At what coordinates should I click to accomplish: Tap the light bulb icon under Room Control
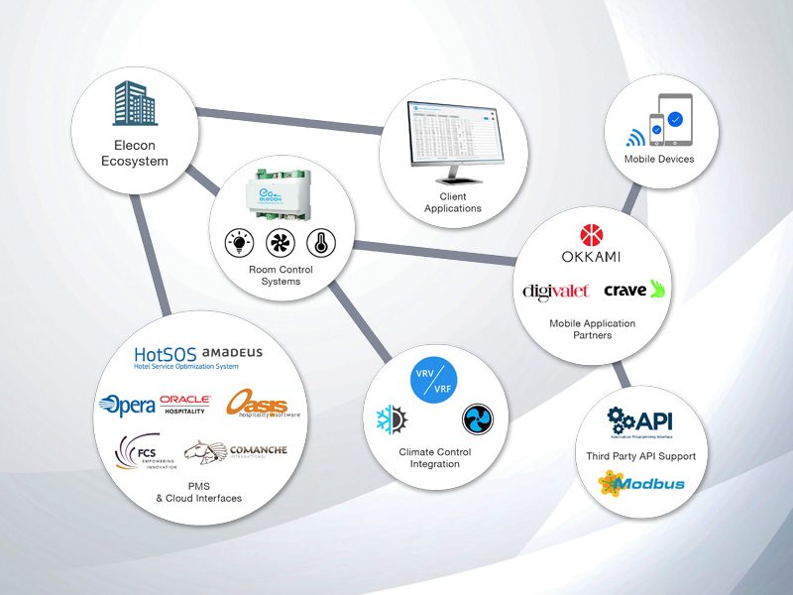239,242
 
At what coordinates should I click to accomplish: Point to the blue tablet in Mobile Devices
676,119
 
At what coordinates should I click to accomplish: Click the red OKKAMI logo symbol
590,235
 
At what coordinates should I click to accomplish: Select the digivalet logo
556,290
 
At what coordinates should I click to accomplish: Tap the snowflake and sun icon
390,420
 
